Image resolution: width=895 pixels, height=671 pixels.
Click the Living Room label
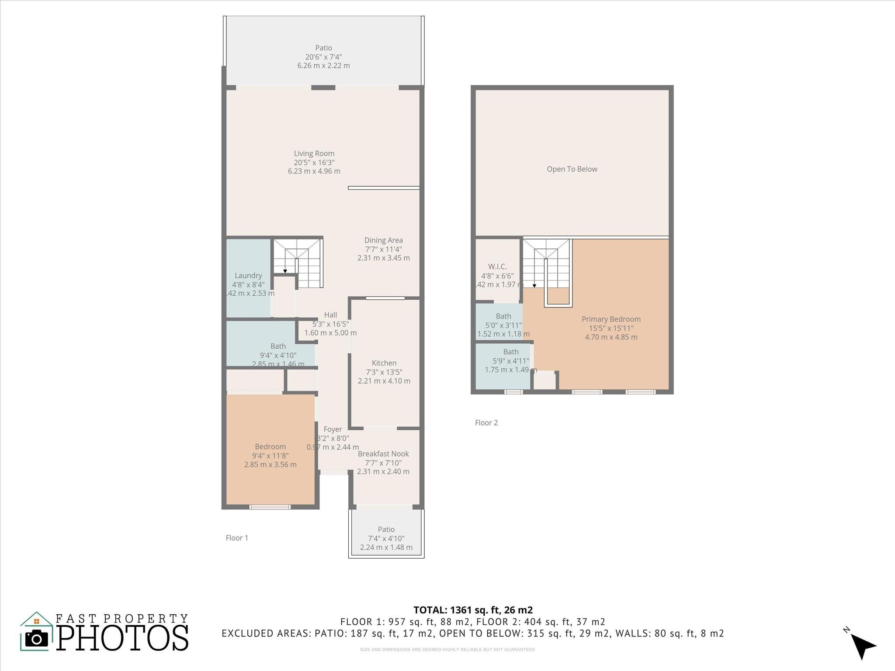pyautogui.click(x=314, y=154)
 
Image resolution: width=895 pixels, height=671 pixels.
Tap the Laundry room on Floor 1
pyautogui.click(x=248, y=276)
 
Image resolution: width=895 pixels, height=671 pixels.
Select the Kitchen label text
pyautogui.click(x=384, y=363)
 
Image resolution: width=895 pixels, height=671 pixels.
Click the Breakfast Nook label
pyautogui.click(x=383, y=454)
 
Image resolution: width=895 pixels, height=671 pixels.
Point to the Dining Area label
pyautogui.click(x=383, y=240)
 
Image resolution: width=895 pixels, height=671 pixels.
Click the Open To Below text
pyautogui.click(x=572, y=169)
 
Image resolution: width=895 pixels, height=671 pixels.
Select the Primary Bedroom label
pyautogui.click(x=611, y=319)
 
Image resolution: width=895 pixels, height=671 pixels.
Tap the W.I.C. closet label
pyautogui.click(x=497, y=266)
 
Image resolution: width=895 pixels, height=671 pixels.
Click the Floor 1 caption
pyautogui.click(x=237, y=538)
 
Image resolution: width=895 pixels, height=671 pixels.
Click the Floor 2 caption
pyautogui.click(x=486, y=422)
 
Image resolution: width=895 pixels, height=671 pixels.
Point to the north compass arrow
pyautogui.click(x=862, y=646)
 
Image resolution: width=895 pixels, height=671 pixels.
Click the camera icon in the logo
pyautogui.click(x=37, y=639)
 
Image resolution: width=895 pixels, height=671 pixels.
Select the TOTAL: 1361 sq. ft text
pyautogui.click(x=473, y=610)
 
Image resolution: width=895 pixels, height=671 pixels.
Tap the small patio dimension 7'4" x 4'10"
pyautogui.click(x=386, y=539)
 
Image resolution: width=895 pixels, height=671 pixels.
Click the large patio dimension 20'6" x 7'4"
pyautogui.click(x=323, y=57)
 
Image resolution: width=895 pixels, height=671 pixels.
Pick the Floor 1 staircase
pyautogui.click(x=297, y=263)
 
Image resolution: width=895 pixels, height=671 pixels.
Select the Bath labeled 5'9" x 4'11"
pyautogui.click(x=510, y=361)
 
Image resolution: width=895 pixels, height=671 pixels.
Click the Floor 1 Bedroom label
pyautogui.click(x=270, y=446)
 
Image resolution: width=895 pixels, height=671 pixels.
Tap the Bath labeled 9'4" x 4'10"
pyautogui.click(x=278, y=355)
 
